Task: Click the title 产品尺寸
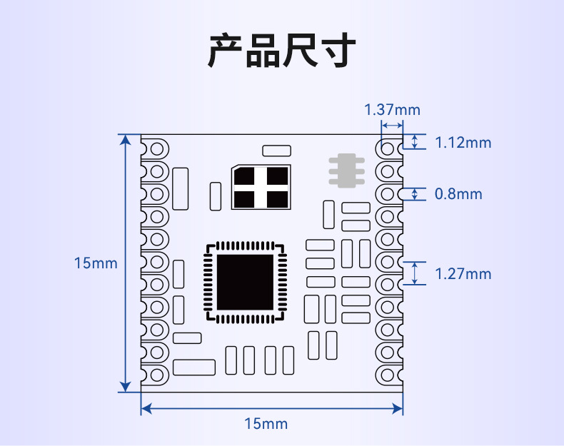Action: [x=281, y=51]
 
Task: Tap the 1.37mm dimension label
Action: [x=392, y=110]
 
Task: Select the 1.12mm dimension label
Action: [x=463, y=143]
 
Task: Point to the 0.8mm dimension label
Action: [x=458, y=194]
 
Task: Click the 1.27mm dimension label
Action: [x=463, y=274]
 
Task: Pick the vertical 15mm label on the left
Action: [x=96, y=263]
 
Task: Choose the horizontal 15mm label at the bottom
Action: [x=266, y=424]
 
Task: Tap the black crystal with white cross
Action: [x=262, y=187]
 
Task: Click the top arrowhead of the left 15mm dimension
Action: [x=126, y=140]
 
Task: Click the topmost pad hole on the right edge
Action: [x=388, y=149]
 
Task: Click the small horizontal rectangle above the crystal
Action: [x=277, y=151]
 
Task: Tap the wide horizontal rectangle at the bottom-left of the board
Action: [x=193, y=367]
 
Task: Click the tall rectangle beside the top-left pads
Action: [x=181, y=188]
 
